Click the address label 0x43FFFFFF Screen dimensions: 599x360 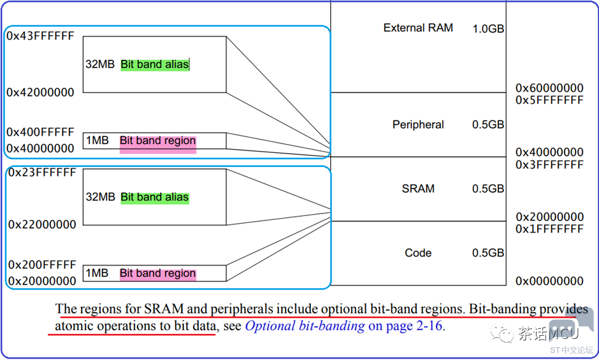coord(41,36)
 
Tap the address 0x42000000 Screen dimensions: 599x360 coord(41,92)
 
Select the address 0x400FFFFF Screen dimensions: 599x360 coord(41,133)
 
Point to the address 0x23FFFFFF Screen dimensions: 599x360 coord(43,173)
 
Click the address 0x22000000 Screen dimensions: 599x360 coord(43,225)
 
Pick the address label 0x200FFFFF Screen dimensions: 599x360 coord(43,265)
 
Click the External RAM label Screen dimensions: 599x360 coord(418,28)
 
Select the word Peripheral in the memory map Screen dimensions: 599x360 coord(418,125)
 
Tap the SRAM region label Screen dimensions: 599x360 coord(418,189)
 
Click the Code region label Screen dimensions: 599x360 coord(418,253)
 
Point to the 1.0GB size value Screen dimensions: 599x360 coord(488,29)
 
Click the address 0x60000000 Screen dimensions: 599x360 coord(550,89)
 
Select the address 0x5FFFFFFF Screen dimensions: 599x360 coord(550,100)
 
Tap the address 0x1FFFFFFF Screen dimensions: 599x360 coord(550,229)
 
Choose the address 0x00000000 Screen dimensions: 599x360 coord(550,281)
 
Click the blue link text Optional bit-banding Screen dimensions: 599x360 coord(305,326)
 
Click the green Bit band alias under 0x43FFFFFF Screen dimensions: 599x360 coord(155,64)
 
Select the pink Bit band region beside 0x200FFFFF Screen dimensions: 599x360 coord(158,273)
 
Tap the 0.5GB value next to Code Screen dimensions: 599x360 coord(488,253)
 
